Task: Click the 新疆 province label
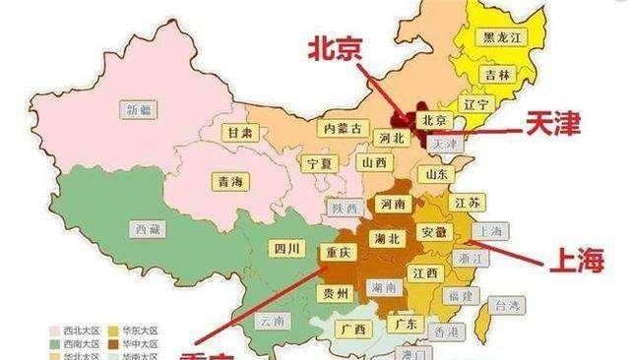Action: coord(137,109)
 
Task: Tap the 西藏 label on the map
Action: coord(142,226)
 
